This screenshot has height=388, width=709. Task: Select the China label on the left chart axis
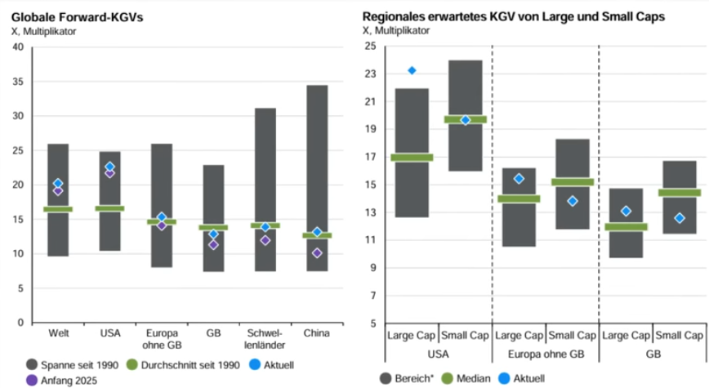317,333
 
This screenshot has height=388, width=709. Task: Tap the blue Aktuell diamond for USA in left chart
110,167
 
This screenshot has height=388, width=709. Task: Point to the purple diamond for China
317,253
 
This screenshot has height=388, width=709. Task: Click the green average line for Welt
58,209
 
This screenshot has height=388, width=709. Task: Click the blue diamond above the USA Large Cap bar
412,70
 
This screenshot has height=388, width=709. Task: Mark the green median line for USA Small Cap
466,119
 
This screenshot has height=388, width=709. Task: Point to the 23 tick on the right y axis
370,74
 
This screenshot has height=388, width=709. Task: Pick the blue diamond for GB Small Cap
679,218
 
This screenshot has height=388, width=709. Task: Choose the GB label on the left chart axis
213,333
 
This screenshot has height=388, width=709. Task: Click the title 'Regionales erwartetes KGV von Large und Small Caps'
513,16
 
